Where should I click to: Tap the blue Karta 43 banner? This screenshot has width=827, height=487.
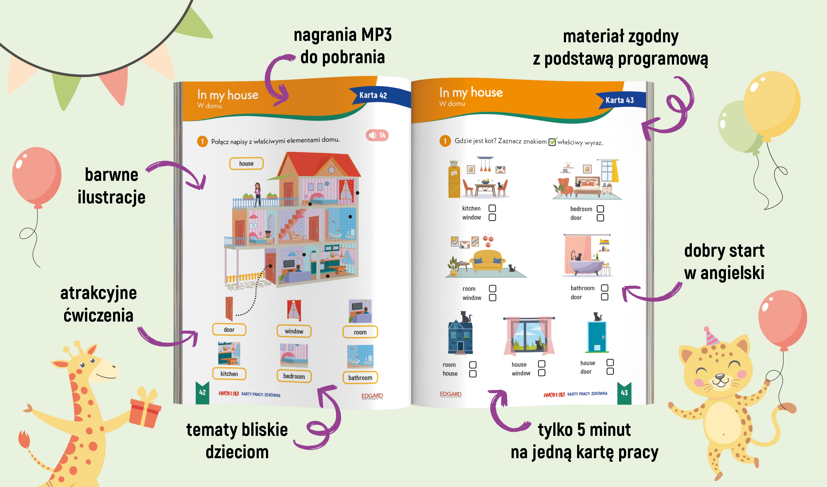click(x=620, y=100)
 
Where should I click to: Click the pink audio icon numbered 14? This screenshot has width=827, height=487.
click(x=377, y=135)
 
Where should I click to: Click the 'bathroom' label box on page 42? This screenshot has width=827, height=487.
click(x=360, y=378)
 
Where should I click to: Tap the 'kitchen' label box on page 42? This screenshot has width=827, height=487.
click(x=229, y=374)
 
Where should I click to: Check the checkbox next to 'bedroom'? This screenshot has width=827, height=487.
click(x=600, y=209)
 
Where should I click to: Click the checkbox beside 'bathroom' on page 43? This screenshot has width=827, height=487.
click(x=604, y=288)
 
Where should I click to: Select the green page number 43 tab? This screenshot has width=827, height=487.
click(x=624, y=393)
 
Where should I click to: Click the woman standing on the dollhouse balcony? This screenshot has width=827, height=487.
click(x=258, y=194)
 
